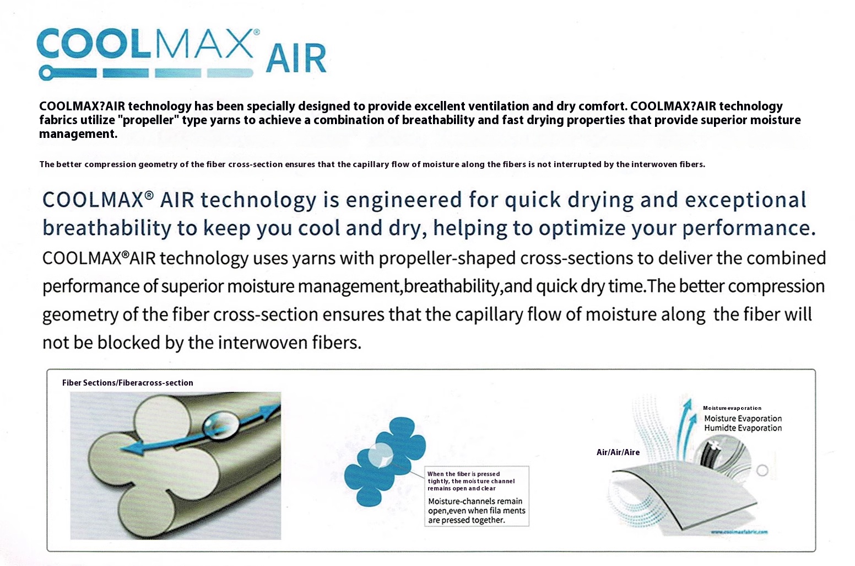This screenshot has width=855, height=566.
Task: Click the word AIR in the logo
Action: (x=296, y=58)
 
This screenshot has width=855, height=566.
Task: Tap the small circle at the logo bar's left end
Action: (x=46, y=73)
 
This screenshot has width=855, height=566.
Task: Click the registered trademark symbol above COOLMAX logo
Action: (x=257, y=32)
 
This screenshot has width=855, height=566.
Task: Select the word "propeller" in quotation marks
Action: (x=149, y=120)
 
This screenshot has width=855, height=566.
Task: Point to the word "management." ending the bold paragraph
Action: (x=78, y=134)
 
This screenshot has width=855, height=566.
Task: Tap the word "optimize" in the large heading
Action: (x=582, y=228)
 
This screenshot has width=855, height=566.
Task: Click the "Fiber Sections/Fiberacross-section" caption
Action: (x=127, y=383)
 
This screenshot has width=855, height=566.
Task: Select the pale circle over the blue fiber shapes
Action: (x=381, y=455)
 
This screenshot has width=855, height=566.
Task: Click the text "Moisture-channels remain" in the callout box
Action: (x=475, y=501)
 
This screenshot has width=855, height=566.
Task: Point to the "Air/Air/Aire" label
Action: (x=618, y=452)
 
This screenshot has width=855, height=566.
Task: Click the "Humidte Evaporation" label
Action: (x=743, y=428)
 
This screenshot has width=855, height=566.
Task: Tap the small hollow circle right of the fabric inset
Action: (x=762, y=471)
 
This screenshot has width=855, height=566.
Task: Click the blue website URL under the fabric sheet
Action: (x=739, y=532)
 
